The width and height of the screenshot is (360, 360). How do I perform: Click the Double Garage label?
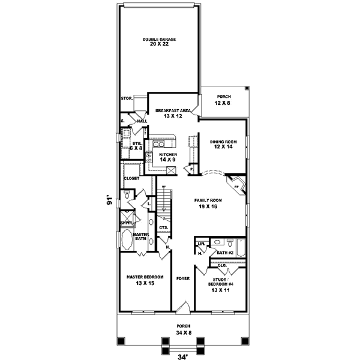(x=159, y=40)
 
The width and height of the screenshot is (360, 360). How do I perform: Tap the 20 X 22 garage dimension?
(x=159, y=45)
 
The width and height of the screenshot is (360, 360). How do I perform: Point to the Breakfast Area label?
(x=173, y=110)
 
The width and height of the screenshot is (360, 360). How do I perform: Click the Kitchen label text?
(x=168, y=154)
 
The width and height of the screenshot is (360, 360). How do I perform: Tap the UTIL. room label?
(x=137, y=144)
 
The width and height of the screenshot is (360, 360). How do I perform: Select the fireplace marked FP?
(x=236, y=187)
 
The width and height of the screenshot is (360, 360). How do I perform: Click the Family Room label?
(x=208, y=200)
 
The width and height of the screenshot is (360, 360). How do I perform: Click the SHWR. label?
(x=126, y=223)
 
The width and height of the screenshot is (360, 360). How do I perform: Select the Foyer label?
(x=183, y=278)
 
